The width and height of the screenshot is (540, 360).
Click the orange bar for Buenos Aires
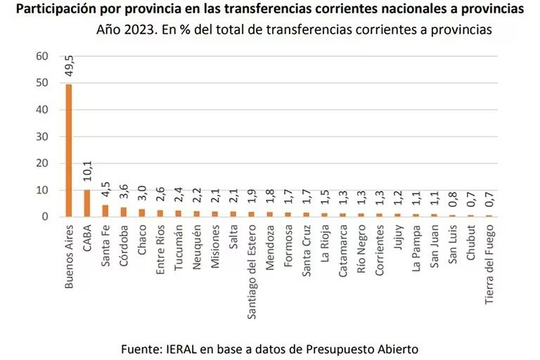69,150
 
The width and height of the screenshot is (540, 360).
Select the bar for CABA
87,203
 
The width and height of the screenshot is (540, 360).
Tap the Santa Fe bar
105,210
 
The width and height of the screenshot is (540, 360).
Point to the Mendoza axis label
270,245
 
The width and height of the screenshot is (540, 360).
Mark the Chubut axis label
471,242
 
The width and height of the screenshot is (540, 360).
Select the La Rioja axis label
325,243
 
